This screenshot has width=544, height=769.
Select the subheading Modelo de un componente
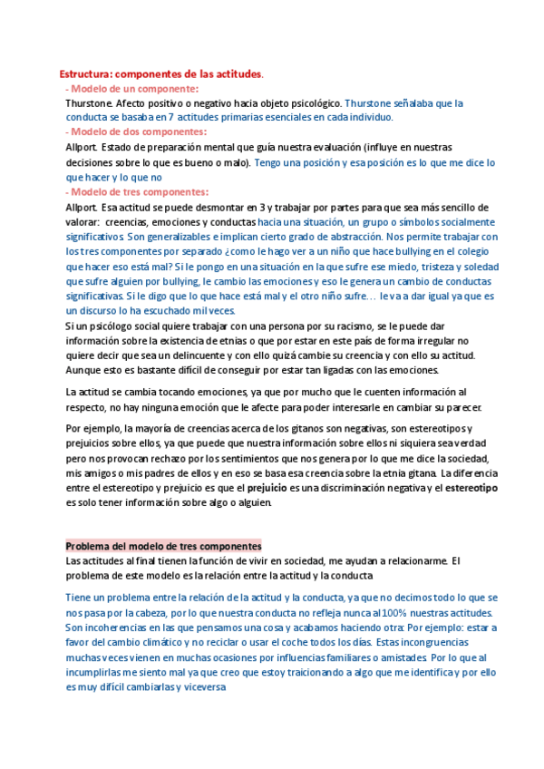(x=134, y=88)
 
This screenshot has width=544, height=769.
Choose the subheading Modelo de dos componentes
(x=138, y=131)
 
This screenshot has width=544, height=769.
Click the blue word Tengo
(x=270, y=163)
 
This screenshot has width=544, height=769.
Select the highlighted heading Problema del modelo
(x=163, y=546)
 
